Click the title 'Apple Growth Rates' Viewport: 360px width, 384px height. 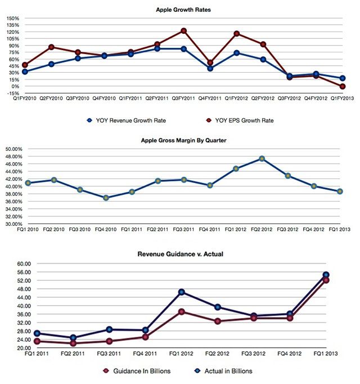pyautogui.click(x=180, y=10)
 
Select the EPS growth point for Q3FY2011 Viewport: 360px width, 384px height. pyautogui.click(x=183, y=31)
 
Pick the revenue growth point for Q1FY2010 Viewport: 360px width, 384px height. pyautogui.click(x=25, y=72)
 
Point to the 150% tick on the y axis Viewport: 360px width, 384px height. pyautogui.click(x=12, y=18)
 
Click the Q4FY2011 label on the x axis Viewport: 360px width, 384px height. pyautogui.click(x=210, y=98)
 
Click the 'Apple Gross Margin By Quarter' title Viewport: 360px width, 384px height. pyautogui.click(x=180, y=140)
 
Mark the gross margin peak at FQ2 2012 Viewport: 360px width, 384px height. pyautogui.click(x=262, y=159)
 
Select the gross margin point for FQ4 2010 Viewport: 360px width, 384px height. pyautogui.click(x=105, y=198)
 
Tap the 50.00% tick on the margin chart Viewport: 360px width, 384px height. pyautogui.click(x=12, y=149)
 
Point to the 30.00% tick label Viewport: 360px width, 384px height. pyautogui.click(x=12, y=224)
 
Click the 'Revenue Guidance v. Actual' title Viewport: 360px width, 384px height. pyautogui.click(x=180, y=254)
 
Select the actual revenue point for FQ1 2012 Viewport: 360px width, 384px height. pyautogui.click(x=182, y=292)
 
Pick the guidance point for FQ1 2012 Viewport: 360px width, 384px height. pyautogui.click(x=182, y=311)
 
